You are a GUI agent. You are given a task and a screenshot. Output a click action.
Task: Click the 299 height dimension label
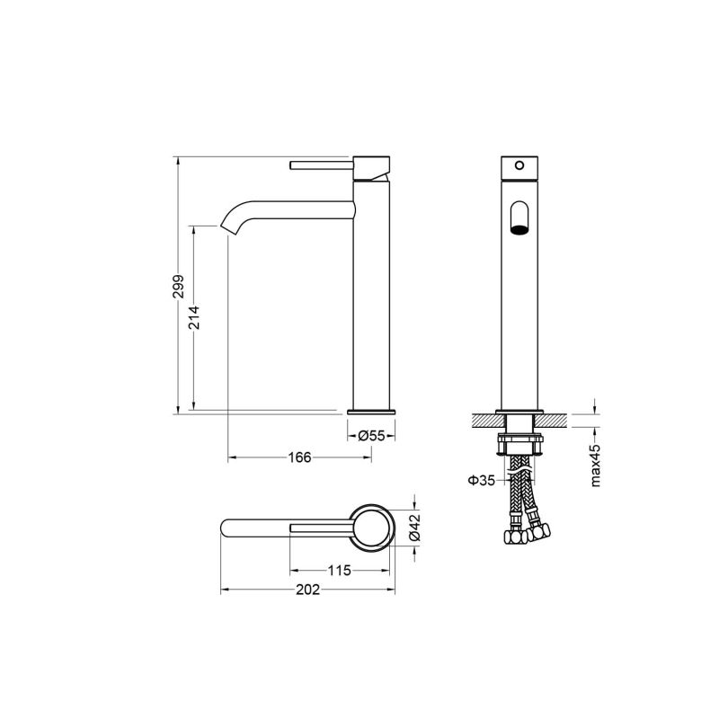point(179,287)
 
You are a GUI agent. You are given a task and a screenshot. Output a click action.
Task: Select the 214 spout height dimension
point(194,317)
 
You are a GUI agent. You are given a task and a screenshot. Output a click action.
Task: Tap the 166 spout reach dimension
point(299,457)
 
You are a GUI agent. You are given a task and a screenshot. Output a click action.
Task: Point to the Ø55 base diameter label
point(371,435)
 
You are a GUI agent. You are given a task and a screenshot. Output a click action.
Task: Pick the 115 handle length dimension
point(340,570)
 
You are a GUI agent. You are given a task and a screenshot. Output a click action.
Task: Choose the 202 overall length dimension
point(308,590)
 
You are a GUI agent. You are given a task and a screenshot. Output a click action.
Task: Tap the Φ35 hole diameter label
point(481,481)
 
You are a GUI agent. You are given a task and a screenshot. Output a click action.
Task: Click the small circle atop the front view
point(519,166)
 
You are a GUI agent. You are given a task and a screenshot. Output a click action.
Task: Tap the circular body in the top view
point(371,527)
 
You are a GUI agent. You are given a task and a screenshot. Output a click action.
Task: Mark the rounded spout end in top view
point(230,527)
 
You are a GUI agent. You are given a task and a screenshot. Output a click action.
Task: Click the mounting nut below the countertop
point(519,445)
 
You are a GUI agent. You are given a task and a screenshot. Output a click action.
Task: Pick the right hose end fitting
point(539,531)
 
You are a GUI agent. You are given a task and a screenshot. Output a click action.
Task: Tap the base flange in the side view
point(371,411)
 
